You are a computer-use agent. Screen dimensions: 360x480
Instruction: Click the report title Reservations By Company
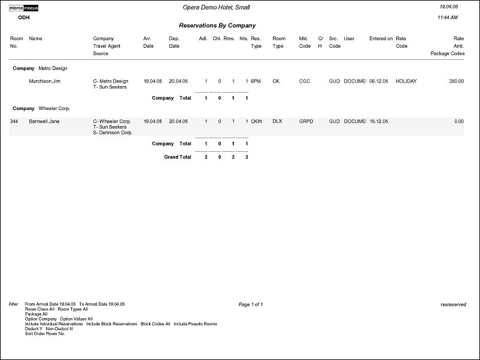pos(217,26)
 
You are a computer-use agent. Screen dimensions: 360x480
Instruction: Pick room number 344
pos(14,121)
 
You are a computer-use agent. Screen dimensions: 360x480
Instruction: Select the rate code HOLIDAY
pos(406,81)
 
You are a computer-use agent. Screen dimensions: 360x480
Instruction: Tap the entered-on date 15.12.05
pos(378,121)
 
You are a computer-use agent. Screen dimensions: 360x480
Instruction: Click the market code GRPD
pos(306,121)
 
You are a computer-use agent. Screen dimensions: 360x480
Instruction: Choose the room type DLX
pos(277,121)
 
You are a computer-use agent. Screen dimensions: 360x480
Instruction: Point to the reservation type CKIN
pos(257,121)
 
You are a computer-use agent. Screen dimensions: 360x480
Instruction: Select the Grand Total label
pos(178,157)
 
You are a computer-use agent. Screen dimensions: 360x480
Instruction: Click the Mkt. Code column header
pos(304,42)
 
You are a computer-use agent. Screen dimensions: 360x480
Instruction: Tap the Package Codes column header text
pos(447,53)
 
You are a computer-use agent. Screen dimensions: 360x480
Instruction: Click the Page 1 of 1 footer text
pos(251,304)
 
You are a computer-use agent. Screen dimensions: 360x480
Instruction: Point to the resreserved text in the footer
pos(452,304)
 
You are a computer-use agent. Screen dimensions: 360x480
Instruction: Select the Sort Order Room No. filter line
pos(45,334)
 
